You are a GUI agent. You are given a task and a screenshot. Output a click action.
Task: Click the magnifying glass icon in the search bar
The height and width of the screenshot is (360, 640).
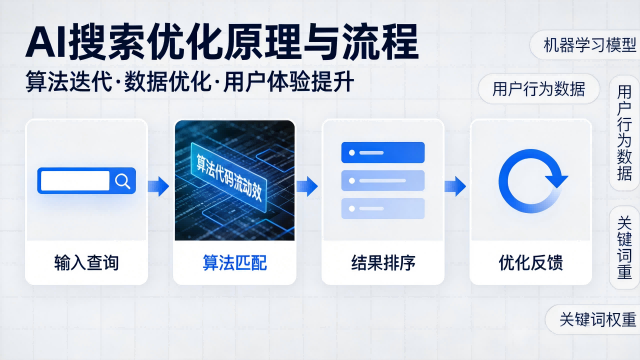click(122, 181)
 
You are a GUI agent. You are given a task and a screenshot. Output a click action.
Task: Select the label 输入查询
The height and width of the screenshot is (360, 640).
click(86, 264)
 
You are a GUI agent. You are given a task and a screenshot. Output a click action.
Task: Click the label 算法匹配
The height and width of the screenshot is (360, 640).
click(235, 264)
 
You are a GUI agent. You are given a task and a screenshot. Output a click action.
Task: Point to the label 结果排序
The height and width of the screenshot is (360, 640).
click(383, 264)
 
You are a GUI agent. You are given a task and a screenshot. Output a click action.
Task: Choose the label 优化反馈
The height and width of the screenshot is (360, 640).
click(530, 264)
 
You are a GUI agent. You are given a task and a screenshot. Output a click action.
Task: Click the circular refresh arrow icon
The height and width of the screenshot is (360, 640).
click(530, 181)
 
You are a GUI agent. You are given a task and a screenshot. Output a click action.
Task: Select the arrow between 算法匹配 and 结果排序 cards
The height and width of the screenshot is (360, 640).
click(308, 185)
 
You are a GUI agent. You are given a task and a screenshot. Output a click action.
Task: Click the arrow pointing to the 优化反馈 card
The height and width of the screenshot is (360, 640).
click(456, 185)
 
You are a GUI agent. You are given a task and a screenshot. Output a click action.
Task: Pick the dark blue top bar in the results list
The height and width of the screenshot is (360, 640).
click(383, 153)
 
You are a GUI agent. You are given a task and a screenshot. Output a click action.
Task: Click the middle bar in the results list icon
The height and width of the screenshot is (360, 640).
click(383, 181)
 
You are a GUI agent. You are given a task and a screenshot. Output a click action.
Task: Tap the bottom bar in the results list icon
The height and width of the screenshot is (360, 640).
click(383, 208)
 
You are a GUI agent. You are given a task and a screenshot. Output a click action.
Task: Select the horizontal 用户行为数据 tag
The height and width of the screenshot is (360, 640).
click(539, 88)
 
